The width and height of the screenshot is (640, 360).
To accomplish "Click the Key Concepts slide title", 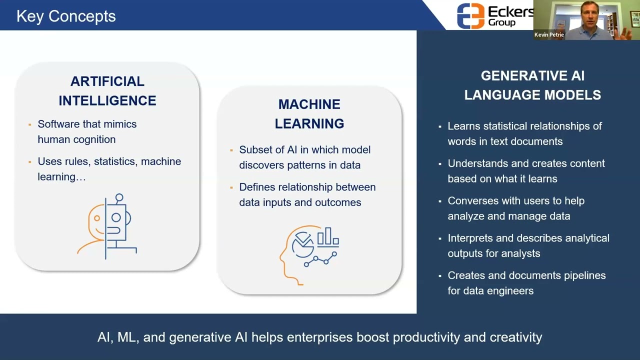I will coord(66,16).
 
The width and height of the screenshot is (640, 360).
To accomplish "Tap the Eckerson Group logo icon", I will coord(470,16).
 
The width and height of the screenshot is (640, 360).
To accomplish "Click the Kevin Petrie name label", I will coord(549,35).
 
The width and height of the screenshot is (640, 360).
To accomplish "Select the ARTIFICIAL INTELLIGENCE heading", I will coord(107,91).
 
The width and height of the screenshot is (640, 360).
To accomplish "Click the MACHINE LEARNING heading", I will coord(309,114).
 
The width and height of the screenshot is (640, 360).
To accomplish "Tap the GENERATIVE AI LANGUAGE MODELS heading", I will coord(532,85).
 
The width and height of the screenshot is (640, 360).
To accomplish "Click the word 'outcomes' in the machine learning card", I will coord(338,202).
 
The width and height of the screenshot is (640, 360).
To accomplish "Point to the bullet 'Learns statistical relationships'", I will coord(524,126).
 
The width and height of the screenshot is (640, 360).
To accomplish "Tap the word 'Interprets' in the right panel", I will coord(470,238).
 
